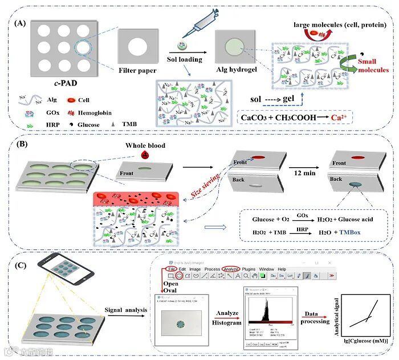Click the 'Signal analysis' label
pos(126,310)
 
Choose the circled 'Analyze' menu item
pos(231,269)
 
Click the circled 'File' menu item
pos(170,269)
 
